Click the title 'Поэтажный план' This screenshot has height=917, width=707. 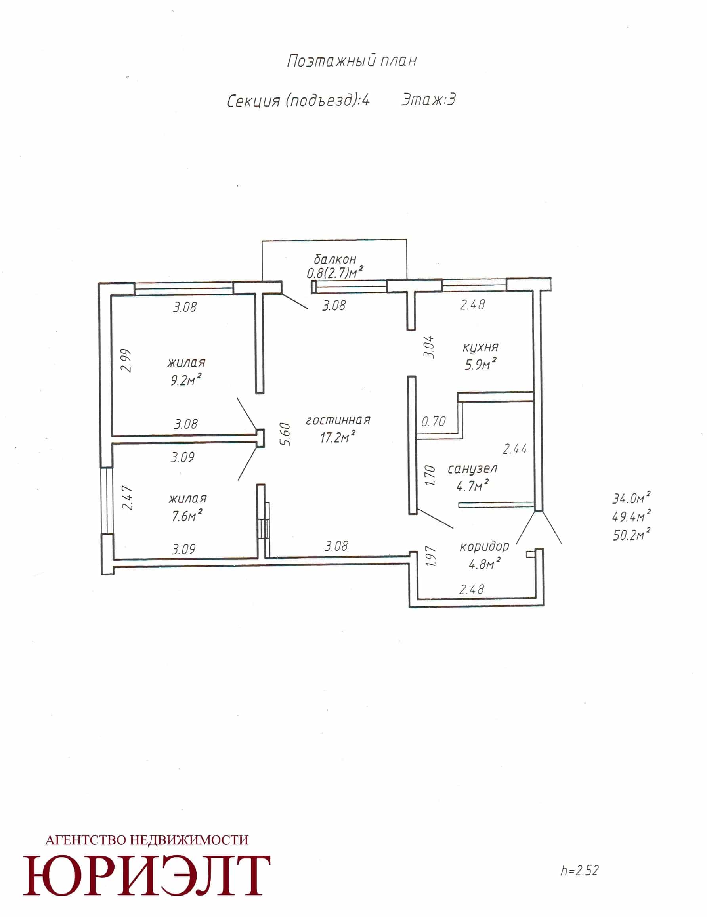point(352,61)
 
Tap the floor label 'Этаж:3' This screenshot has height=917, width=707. point(428,100)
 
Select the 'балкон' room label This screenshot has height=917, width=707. point(335,259)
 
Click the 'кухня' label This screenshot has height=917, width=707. point(481,347)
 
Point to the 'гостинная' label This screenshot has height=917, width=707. point(338,420)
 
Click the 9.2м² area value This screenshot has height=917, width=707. point(185,380)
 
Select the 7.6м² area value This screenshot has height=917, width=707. point(187,515)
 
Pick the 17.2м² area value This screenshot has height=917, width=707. point(338,437)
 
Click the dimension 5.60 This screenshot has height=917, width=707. point(285,434)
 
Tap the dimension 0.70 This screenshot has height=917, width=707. point(433,421)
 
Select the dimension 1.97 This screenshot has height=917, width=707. point(431,556)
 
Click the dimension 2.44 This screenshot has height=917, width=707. point(515,449)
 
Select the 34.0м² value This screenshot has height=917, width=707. point(631,499)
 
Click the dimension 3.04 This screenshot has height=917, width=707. point(429,347)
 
